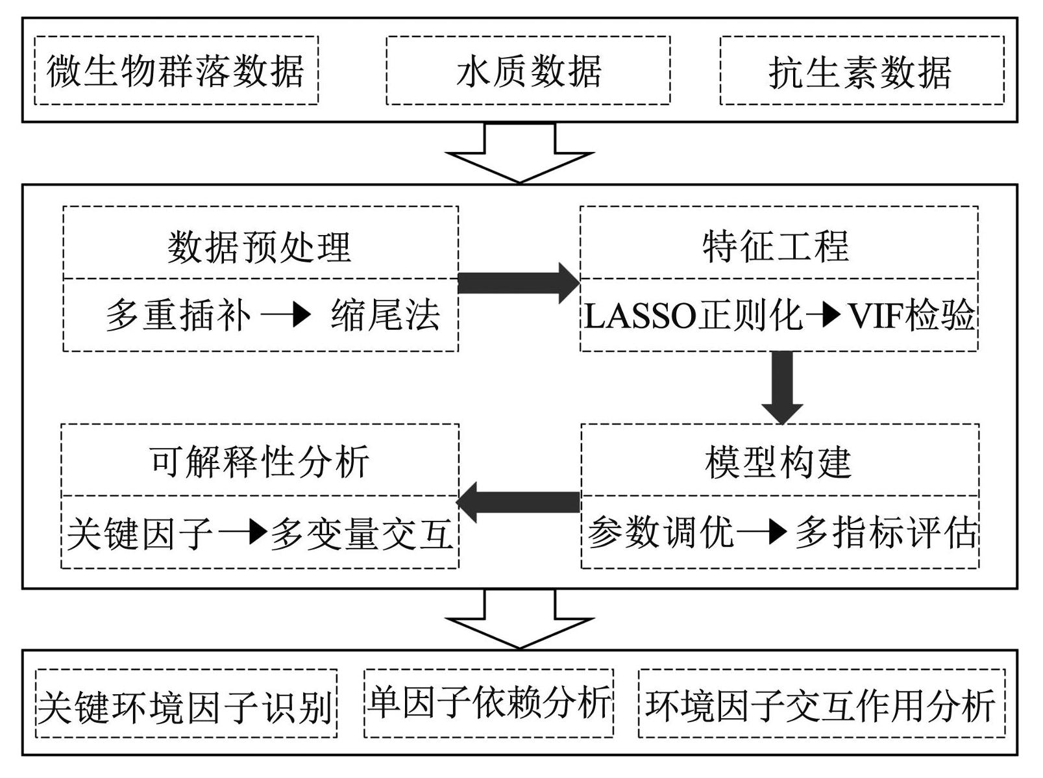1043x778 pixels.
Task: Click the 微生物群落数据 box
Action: click(177, 70)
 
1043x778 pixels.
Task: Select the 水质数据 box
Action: click(528, 70)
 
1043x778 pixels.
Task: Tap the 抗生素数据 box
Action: click(862, 70)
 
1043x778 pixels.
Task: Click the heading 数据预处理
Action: click(260, 247)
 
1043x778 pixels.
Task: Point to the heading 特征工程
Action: click(776, 247)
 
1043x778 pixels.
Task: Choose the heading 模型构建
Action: click(778, 462)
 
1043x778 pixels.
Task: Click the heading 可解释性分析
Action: click(260, 462)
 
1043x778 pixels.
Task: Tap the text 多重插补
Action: click(178, 314)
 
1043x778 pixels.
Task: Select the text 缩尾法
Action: click(386, 314)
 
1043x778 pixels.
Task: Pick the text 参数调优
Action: click(661, 533)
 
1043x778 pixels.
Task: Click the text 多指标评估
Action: click(886, 533)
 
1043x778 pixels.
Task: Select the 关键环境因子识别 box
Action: click(186, 704)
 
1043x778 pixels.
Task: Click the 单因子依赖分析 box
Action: click(489, 703)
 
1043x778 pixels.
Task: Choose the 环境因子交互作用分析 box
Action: click(822, 703)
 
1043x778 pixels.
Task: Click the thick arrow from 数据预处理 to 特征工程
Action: click(519, 283)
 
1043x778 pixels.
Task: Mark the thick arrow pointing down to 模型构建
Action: click(782, 388)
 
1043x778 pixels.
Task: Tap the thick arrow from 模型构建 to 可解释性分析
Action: click(518, 503)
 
